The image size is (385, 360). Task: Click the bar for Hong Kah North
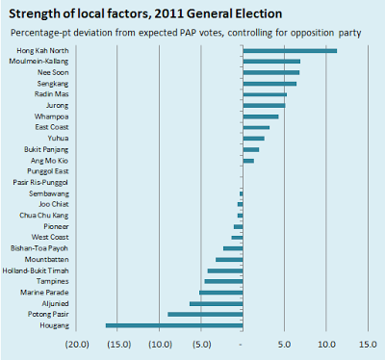(x=290, y=51)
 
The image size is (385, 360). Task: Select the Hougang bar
(x=174, y=325)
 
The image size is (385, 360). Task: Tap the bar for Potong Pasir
(x=205, y=315)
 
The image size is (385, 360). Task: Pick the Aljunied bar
(x=217, y=303)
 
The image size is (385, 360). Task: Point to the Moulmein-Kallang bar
(x=271, y=62)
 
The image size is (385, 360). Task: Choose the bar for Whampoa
(x=261, y=116)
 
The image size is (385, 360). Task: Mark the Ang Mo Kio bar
(x=248, y=161)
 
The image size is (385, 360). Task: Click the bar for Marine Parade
(x=221, y=293)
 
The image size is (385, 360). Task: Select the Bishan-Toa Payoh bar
(x=233, y=248)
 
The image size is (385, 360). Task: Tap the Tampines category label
(x=52, y=281)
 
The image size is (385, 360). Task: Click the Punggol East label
(x=48, y=171)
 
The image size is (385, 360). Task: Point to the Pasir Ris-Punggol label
(x=40, y=182)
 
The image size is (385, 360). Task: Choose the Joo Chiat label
(x=54, y=204)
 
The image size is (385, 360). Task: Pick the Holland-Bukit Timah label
(x=36, y=270)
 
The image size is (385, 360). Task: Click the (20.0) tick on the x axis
(x=77, y=345)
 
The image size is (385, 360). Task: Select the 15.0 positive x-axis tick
(x=368, y=345)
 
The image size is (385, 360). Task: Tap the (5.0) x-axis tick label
(x=202, y=345)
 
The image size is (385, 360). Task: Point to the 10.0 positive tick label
(x=326, y=345)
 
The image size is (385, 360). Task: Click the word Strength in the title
(x=35, y=13)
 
